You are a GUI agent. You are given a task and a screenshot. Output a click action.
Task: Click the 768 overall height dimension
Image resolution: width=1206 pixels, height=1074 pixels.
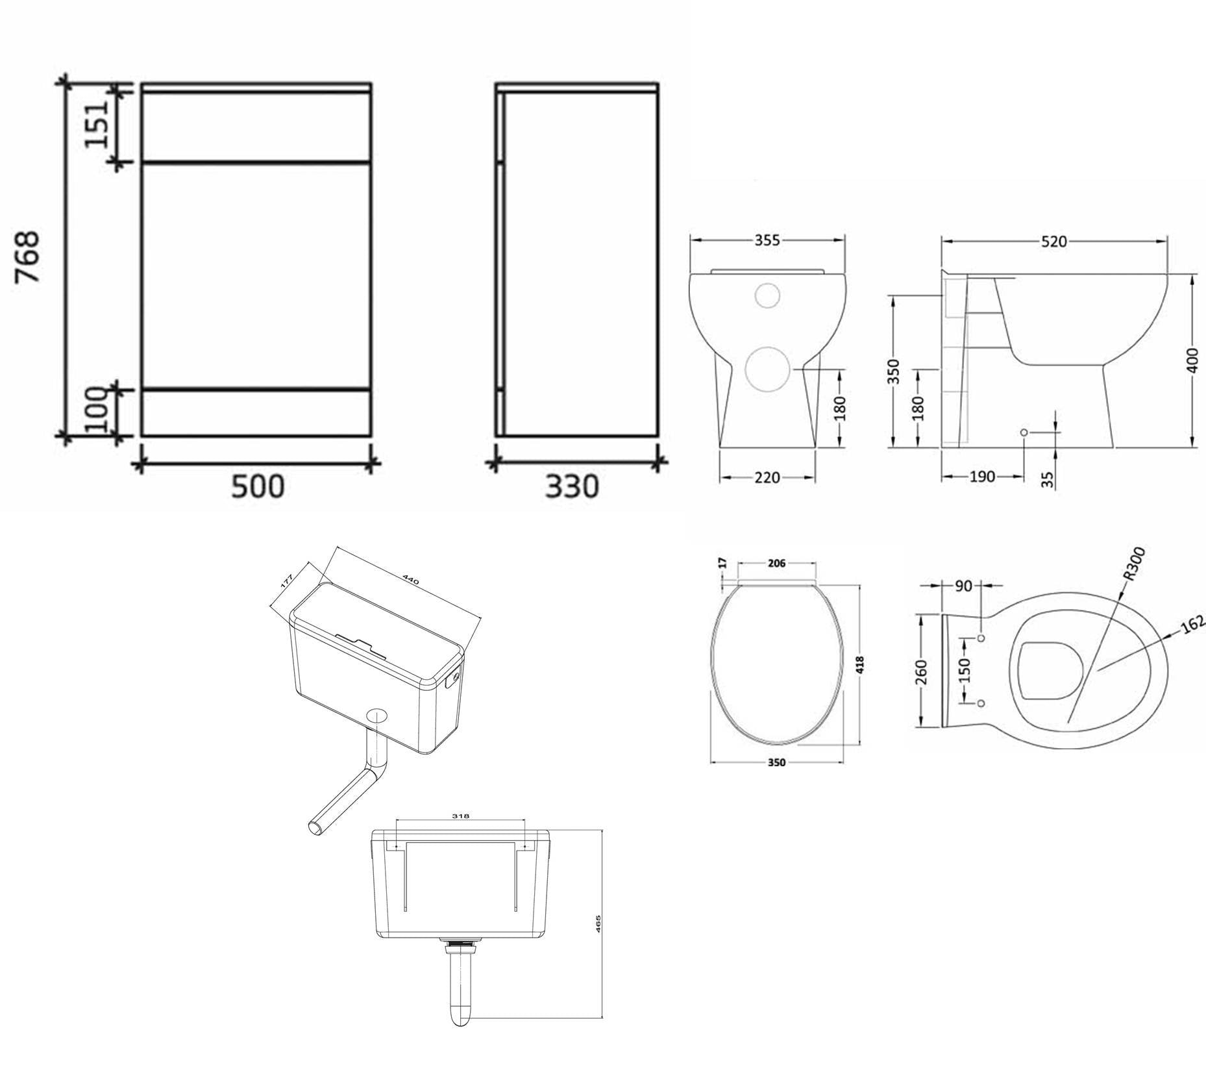pyautogui.click(x=29, y=257)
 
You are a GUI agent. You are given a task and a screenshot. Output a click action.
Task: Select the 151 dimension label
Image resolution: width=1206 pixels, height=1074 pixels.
pyautogui.click(x=96, y=124)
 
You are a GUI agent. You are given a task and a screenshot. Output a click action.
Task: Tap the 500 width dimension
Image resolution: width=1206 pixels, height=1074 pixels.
pyautogui.click(x=258, y=486)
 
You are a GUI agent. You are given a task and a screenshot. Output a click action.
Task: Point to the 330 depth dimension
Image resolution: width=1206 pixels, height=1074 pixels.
pyautogui.click(x=571, y=486)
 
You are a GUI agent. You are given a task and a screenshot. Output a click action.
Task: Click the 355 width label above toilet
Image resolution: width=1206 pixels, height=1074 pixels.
pyautogui.click(x=767, y=240)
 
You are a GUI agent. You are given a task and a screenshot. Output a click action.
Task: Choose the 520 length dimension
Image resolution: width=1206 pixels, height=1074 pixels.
pyautogui.click(x=1053, y=242)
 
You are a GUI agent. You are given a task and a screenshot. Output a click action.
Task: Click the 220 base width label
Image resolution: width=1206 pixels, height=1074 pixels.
pyautogui.click(x=767, y=477)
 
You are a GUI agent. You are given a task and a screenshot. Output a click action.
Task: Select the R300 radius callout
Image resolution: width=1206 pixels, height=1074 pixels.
pyautogui.click(x=1134, y=563)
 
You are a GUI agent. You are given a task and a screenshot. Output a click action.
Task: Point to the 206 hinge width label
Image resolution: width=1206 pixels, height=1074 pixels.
pyautogui.click(x=776, y=563)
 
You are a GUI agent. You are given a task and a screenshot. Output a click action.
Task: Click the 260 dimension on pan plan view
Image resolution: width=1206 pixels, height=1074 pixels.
pyautogui.click(x=922, y=671)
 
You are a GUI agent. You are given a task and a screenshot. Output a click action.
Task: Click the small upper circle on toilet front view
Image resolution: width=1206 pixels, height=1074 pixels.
pyautogui.click(x=767, y=295)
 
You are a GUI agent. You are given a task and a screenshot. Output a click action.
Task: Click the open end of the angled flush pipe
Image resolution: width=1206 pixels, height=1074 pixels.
pyautogui.click(x=316, y=827)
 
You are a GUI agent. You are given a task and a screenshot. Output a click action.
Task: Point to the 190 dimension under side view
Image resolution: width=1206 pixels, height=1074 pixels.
pyautogui.click(x=981, y=477)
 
